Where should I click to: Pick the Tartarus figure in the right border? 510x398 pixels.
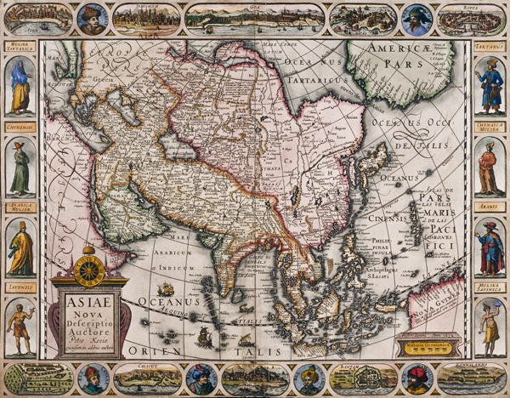490,85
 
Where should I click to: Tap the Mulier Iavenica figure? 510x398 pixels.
490,327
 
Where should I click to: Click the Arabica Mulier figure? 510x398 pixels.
20,247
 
